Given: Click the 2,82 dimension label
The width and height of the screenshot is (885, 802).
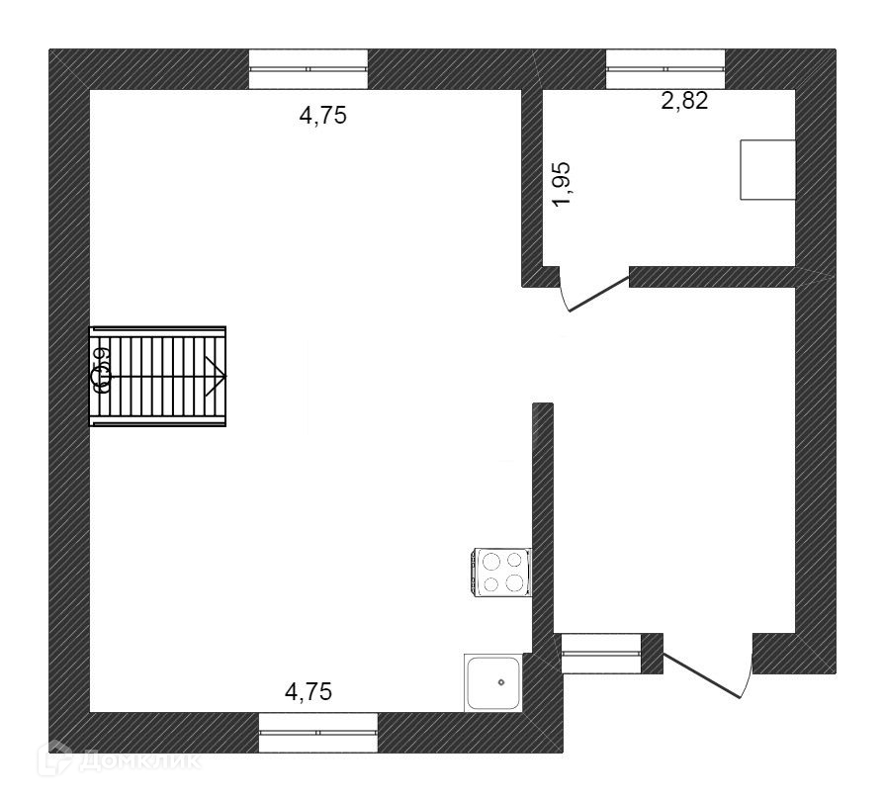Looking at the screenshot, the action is point(684,101).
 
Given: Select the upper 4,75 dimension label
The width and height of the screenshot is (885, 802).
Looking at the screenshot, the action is point(324,116).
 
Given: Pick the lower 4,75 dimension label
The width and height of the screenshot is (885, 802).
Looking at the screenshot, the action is point(309,691).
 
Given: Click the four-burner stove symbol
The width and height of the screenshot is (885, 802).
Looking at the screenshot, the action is point(501,573).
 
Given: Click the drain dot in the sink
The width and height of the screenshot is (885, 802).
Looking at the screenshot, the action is point(501,681).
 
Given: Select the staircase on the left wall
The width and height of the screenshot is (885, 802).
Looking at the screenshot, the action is point(158,377).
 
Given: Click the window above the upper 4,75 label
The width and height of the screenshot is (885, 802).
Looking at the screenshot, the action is point(308,68).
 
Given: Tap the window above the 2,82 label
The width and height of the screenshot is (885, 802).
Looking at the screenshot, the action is point(665,68).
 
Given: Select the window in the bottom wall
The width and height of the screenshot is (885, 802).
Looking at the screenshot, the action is point(318,732).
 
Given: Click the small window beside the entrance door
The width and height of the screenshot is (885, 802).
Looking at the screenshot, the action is point(601,652).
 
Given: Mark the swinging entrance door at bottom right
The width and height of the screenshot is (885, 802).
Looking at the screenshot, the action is point(704,673).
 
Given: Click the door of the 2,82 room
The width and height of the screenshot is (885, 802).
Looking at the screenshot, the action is point(596,293).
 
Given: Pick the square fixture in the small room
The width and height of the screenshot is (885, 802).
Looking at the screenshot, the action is point(768,169).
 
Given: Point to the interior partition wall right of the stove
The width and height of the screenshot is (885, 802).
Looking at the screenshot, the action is point(542,514).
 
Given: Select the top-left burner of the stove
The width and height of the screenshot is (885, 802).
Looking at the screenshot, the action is point(490,561).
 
